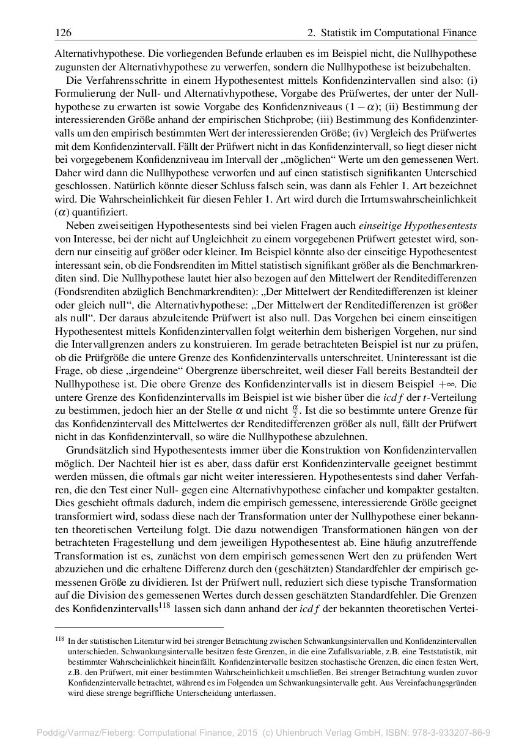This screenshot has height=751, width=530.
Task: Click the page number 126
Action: click(x=63, y=32)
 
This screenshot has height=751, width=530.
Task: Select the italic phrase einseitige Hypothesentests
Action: click(x=418, y=226)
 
